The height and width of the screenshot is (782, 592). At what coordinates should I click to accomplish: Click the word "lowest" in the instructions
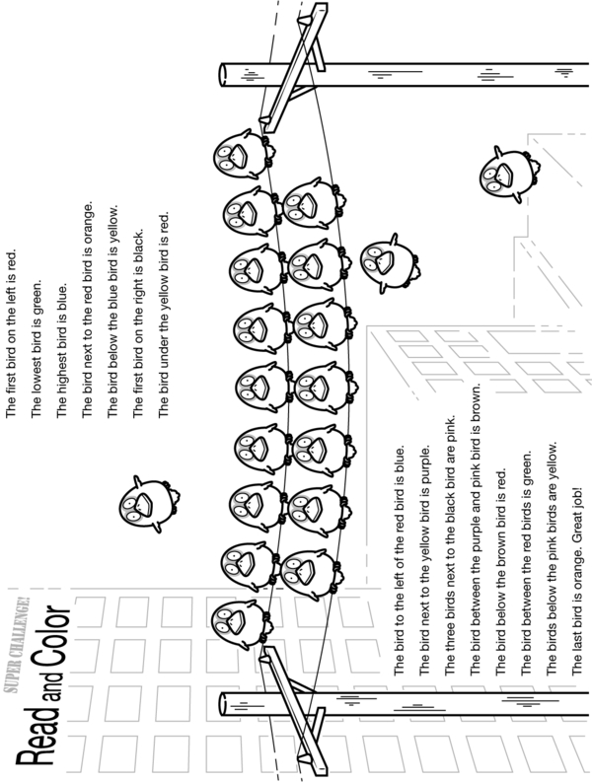point(37,375)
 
